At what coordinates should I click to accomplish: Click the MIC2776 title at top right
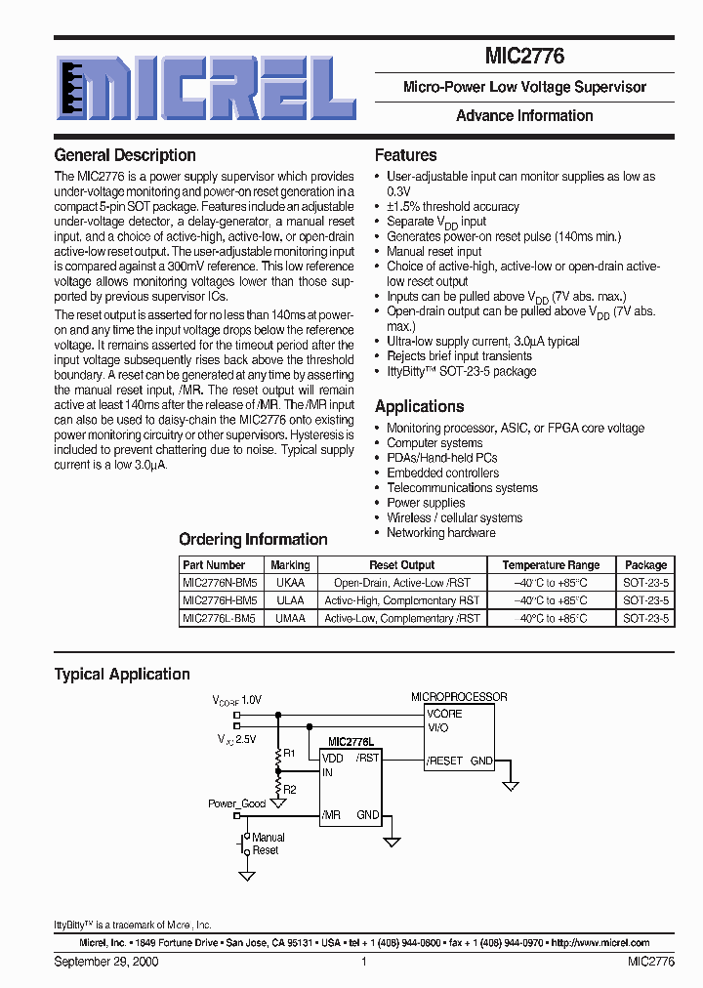(524, 58)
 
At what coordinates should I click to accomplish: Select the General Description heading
(125, 155)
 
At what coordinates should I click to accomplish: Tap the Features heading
(405, 155)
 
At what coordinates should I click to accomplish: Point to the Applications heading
(419, 407)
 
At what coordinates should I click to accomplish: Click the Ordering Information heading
(253, 540)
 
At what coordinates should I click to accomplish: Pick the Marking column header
(290, 565)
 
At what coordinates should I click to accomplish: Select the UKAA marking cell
(290, 583)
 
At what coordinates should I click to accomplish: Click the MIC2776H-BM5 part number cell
(220, 600)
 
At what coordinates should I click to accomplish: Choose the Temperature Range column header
(551, 565)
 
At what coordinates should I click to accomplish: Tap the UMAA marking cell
(290, 618)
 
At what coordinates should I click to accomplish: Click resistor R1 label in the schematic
(289, 754)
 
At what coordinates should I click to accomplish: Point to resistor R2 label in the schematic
(289, 788)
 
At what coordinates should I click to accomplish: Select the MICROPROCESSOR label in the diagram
(459, 697)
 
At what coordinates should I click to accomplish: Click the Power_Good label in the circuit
(236, 803)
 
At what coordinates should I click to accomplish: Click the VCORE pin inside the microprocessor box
(445, 714)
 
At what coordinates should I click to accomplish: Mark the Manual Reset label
(268, 844)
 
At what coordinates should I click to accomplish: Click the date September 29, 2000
(106, 962)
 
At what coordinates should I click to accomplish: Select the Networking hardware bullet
(440, 533)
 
